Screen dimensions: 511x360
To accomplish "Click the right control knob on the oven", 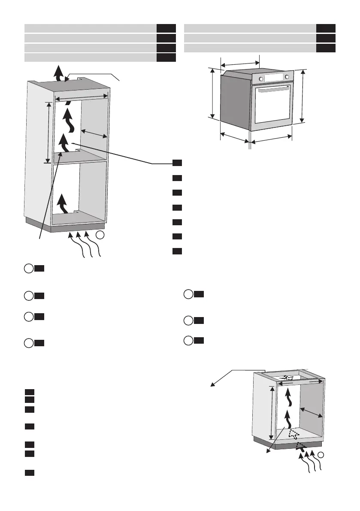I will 287,77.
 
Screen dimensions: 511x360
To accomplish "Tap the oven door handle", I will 273,90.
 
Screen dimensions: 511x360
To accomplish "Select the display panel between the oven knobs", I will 274,78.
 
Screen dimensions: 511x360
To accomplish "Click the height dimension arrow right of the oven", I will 303,96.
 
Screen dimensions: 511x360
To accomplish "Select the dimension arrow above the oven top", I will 240,62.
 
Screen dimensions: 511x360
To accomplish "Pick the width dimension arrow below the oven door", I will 271,140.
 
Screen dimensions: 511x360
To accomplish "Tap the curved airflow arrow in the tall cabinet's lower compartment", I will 63,203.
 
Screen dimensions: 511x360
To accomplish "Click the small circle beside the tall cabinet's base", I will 100,235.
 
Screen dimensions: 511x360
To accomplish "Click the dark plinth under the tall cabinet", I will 64,225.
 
